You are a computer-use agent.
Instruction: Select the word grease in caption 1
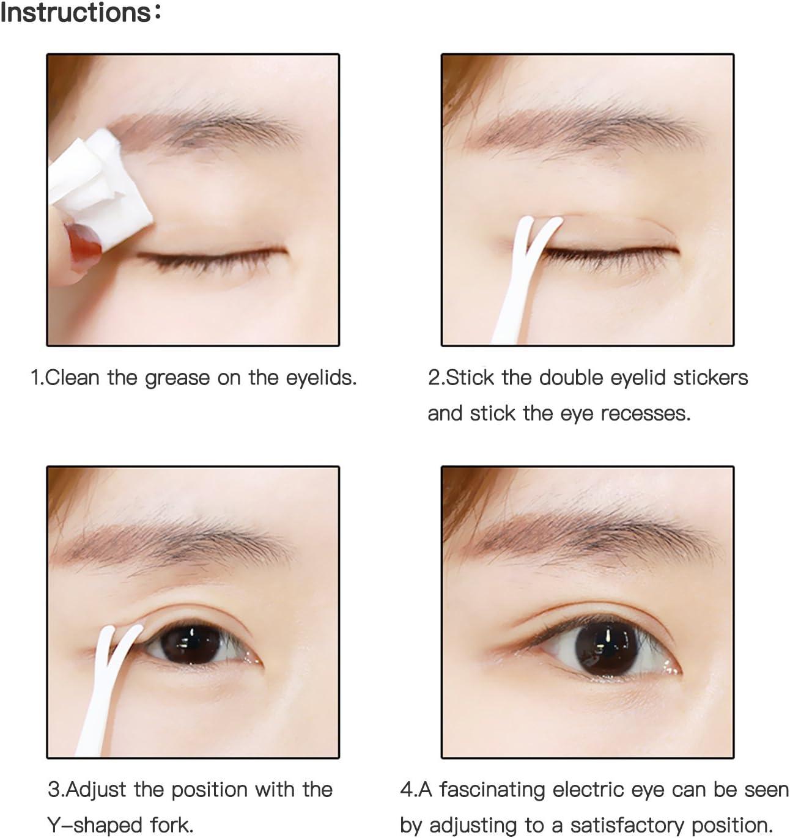click(177, 378)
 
